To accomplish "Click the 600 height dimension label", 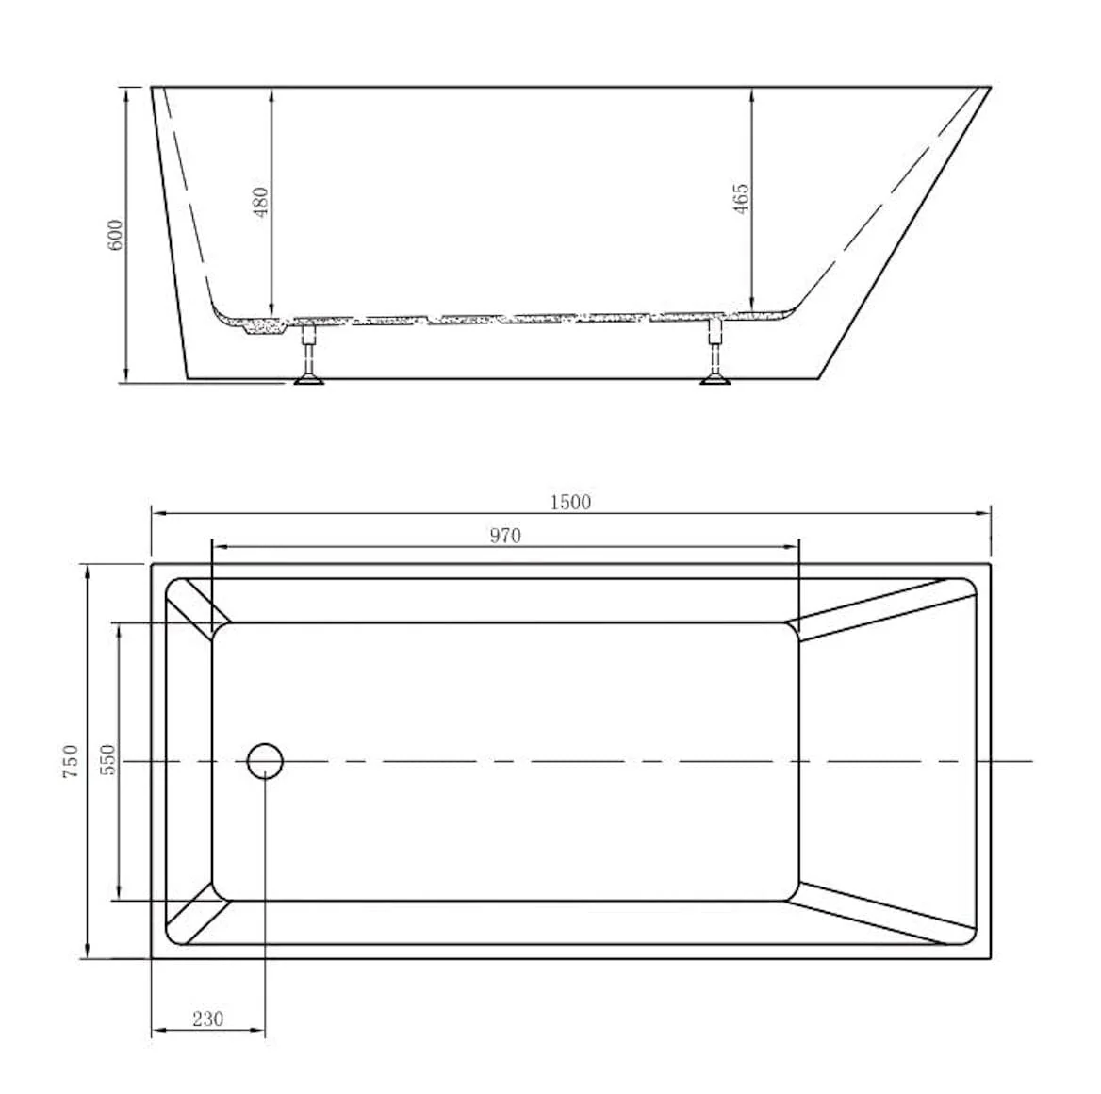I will pyautogui.click(x=115, y=235).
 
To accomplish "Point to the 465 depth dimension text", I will pyautogui.click(x=741, y=199).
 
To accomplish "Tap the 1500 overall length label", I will pyautogui.click(x=570, y=503).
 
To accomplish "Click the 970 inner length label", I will pyautogui.click(x=505, y=537).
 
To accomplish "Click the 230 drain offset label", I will pyautogui.click(x=207, y=1019).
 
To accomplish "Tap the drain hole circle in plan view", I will pyautogui.click(x=266, y=760).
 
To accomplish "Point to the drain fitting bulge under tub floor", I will pyautogui.click(x=255, y=328).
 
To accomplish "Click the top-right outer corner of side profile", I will pyautogui.click(x=990, y=88).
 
